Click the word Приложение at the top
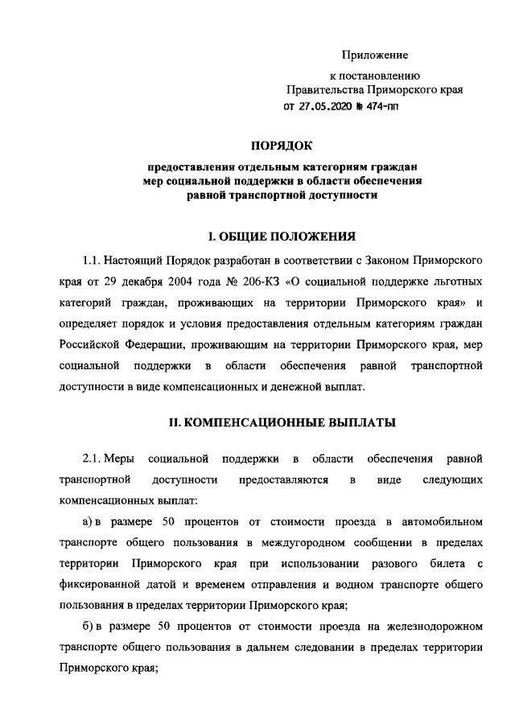click(375, 55)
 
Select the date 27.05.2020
click(325, 107)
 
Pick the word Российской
click(91, 345)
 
